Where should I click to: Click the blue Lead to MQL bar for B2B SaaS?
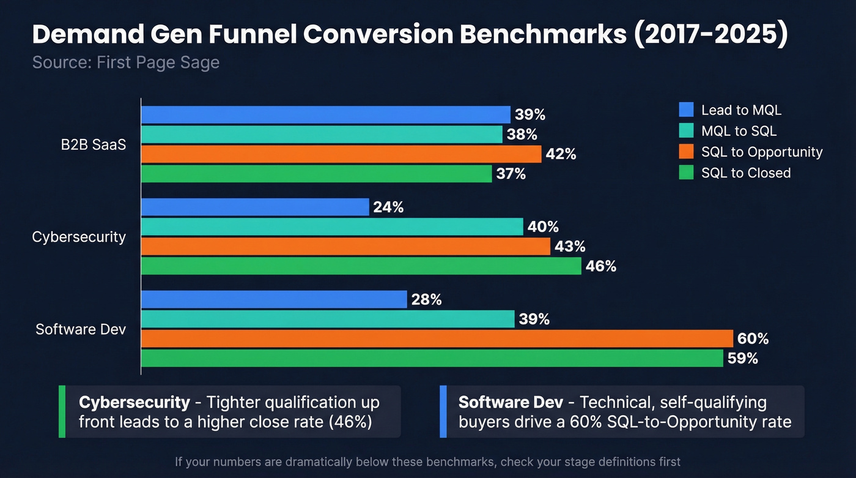pos(325,114)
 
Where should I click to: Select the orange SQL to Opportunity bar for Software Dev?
pos(437,338)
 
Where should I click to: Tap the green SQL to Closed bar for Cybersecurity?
pos(361,266)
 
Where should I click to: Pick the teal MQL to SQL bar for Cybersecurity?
pos(332,226)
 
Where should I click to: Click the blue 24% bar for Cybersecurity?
pos(255,207)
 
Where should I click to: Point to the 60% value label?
pos(753,338)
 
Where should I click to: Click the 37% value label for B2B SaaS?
pos(511,174)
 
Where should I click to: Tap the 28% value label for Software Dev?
pos(426,299)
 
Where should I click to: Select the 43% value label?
pos(570,246)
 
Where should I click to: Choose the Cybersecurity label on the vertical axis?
pos(79,237)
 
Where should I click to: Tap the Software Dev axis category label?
pos(81,329)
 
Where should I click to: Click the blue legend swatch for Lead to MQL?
pos(686,110)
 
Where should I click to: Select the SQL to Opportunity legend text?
pos(762,152)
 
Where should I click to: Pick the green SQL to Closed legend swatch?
pos(686,173)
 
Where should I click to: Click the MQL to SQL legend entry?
pos(739,131)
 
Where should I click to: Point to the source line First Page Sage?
pos(125,62)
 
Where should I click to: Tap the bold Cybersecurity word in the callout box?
pos(135,402)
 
